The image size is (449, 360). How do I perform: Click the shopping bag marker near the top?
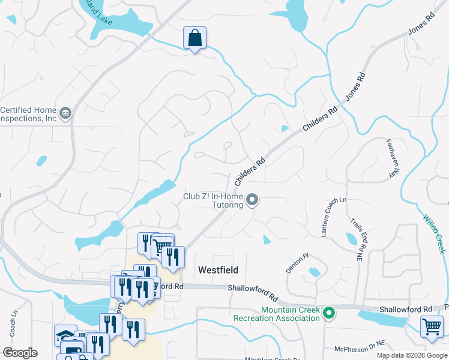(x=194, y=38)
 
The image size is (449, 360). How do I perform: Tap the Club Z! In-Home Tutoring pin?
(x=253, y=200)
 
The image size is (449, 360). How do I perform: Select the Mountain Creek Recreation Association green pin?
(x=328, y=313)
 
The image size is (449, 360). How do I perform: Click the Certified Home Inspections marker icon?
(x=65, y=112)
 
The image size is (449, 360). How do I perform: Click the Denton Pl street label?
(x=297, y=263)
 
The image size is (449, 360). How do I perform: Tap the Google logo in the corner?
(x=20, y=353)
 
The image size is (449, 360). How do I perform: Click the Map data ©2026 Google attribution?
(x=412, y=355)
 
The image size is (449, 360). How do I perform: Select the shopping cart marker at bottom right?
(x=432, y=327)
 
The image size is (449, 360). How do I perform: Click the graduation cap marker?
(x=65, y=335)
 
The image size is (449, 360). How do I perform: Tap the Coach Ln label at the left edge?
(x=13, y=325)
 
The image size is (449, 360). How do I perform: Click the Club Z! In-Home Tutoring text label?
(x=214, y=200)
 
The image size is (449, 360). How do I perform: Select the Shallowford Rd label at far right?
(x=406, y=309)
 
